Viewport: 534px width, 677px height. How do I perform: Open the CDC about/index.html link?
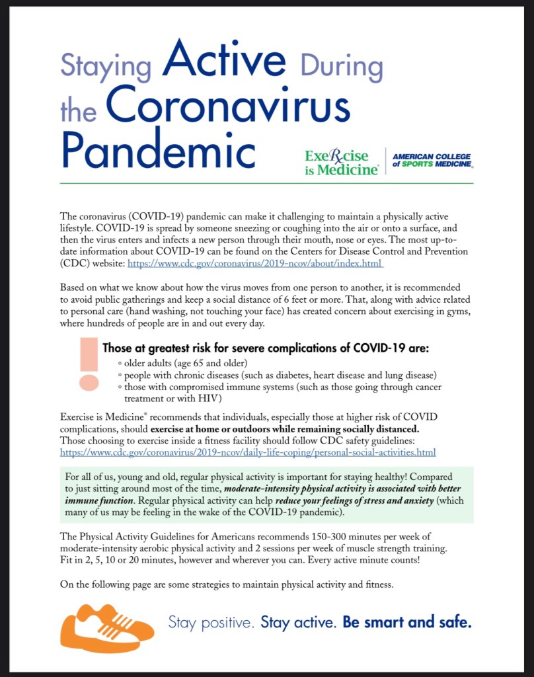tap(254, 263)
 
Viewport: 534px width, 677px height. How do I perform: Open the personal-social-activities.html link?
tap(247, 453)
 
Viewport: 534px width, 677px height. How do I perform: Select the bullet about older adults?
tap(185, 363)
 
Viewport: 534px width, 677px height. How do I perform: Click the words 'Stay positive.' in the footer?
tap(211, 623)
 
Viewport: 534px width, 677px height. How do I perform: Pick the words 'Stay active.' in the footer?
tap(299, 623)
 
